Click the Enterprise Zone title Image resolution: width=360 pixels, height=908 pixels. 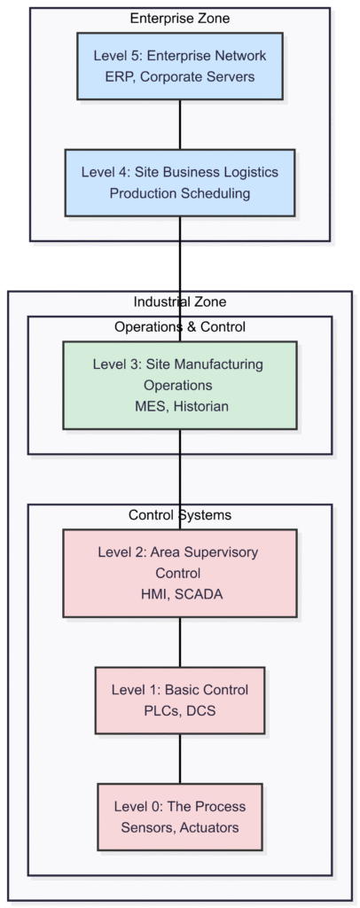[x=180, y=19]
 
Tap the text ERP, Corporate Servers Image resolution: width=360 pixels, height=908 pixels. [x=180, y=77]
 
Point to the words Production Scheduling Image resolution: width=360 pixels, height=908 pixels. [x=180, y=193]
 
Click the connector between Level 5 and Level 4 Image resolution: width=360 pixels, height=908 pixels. [x=180, y=124]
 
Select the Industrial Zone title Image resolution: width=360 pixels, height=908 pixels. [x=180, y=301]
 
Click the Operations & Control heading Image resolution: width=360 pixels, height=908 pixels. [x=180, y=326]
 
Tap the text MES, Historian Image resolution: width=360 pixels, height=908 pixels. [x=180, y=407]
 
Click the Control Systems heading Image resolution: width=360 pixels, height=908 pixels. [x=180, y=514]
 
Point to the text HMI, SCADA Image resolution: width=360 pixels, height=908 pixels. [x=180, y=595]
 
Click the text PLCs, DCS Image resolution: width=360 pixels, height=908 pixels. [x=180, y=711]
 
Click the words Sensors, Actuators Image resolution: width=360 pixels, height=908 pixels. [x=180, y=828]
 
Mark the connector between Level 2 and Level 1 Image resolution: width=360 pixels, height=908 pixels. [x=180, y=642]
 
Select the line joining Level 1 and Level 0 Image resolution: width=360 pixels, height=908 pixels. [x=180, y=758]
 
